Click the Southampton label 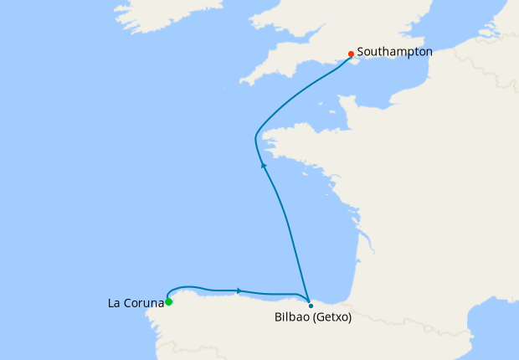tap(394, 52)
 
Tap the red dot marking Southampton tap(351, 54)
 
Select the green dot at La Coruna tap(168, 301)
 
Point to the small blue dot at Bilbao tap(311, 306)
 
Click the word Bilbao tap(292, 318)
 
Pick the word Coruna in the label tap(143, 302)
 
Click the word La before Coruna tap(115, 302)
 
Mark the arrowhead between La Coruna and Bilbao tap(239, 291)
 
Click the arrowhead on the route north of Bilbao tap(265, 167)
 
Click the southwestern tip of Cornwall tap(244, 82)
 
